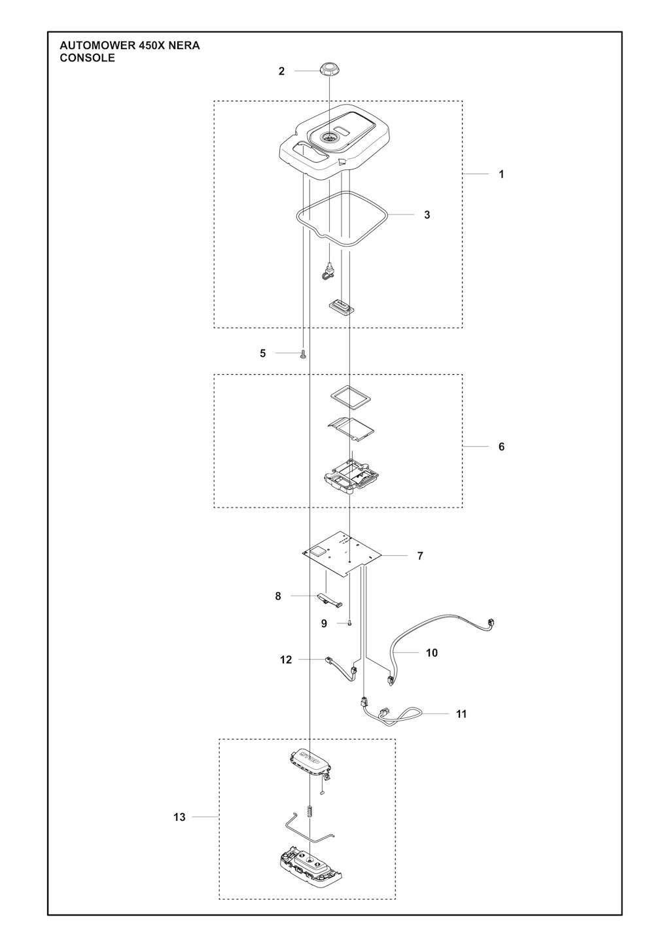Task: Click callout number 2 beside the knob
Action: [x=282, y=71]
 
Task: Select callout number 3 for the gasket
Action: [x=427, y=215]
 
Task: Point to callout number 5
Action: [x=262, y=353]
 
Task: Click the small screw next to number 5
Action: [x=303, y=354]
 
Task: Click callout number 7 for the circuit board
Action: [x=420, y=555]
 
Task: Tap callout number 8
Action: [x=278, y=596]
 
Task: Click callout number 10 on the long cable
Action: [x=431, y=653]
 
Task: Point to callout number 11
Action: [x=461, y=714]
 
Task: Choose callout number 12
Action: [x=286, y=659]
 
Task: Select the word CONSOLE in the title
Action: [x=87, y=58]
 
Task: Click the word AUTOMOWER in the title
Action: [x=97, y=46]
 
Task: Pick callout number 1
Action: [x=501, y=174]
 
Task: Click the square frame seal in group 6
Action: [x=351, y=397]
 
